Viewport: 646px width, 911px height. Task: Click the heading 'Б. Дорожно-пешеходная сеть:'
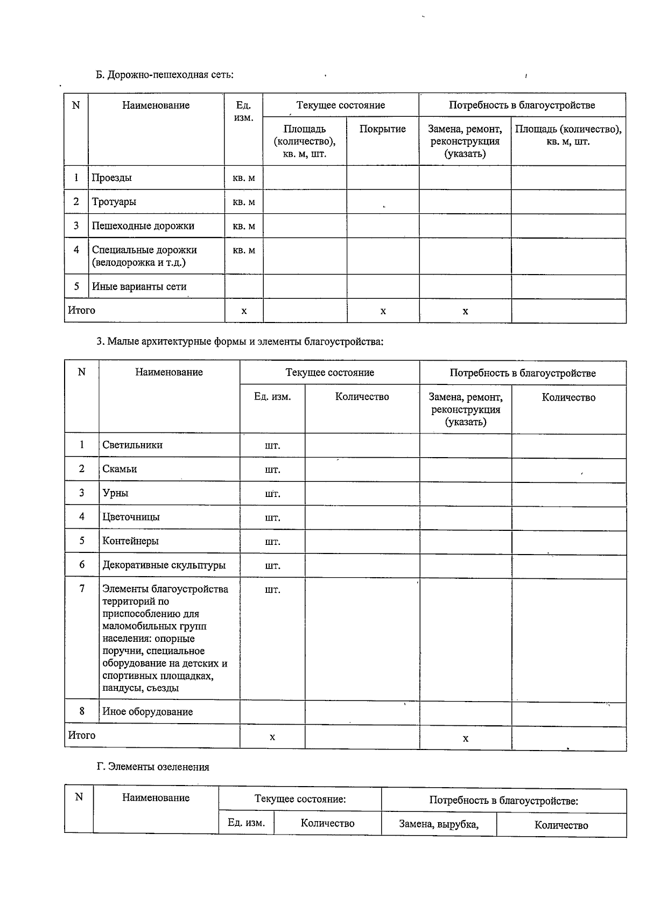pos(165,75)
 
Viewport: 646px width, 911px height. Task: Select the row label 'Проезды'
pos(111,178)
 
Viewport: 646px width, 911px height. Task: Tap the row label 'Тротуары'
pos(114,202)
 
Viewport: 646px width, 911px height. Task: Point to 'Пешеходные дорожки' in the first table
pos(143,226)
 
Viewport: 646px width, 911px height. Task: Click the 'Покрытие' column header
pos(382,129)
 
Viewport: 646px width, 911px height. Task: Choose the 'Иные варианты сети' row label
pos(139,286)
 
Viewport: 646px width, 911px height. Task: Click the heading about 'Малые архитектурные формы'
pos(240,341)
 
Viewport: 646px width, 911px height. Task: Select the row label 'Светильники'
pos(132,445)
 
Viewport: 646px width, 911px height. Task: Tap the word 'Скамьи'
pos(120,469)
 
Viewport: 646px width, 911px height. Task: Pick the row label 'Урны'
pos(115,493)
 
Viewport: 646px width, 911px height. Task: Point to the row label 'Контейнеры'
pos(130,541)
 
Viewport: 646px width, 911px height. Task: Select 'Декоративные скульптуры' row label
pos(164,565)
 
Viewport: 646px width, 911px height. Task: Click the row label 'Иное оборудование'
pos(148,712)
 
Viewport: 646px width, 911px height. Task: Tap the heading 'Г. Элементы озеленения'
pos(153,767)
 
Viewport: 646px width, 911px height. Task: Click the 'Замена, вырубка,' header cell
pos(438,823)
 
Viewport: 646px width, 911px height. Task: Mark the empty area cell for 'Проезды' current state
pos(304,178)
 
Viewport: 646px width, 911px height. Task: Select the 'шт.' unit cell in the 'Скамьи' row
pos(272,469)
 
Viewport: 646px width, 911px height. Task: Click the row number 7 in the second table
pos(82,588)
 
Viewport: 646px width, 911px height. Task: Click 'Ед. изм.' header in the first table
pos(243,111)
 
